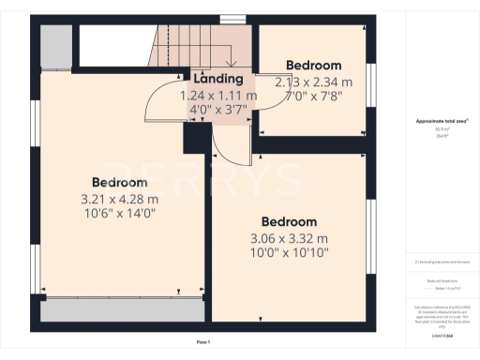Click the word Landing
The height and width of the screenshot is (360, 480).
coord(217,80)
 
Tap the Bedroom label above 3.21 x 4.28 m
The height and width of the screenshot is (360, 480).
coord(119,182)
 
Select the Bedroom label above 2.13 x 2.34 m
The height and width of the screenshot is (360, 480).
coord(313,66)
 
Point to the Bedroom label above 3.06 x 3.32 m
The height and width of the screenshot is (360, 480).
coord(289,221)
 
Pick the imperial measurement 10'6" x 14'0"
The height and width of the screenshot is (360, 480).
coord(119,213)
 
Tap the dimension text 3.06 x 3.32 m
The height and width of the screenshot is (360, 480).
coord(289,238)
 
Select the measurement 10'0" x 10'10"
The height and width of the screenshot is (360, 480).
coord(289,253)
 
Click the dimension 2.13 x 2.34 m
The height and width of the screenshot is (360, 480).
coord(313,82)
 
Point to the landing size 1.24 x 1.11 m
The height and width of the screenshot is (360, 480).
coord(217,96)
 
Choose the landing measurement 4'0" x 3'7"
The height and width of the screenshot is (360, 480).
coord(217,110)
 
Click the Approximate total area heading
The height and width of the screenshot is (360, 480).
coord(442,122)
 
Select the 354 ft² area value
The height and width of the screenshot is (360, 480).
coord(442,135)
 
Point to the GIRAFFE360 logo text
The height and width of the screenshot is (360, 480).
coord(442,322)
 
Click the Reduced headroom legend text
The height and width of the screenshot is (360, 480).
coord(442,278)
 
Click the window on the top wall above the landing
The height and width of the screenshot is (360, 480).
coord(239,19)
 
